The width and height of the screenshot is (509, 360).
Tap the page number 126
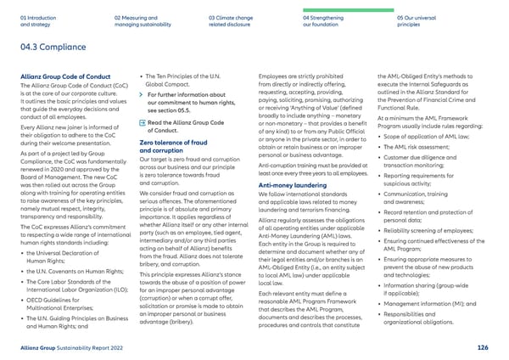(x=483, y=346)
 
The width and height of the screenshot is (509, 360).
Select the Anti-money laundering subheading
(x=294, y=184)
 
